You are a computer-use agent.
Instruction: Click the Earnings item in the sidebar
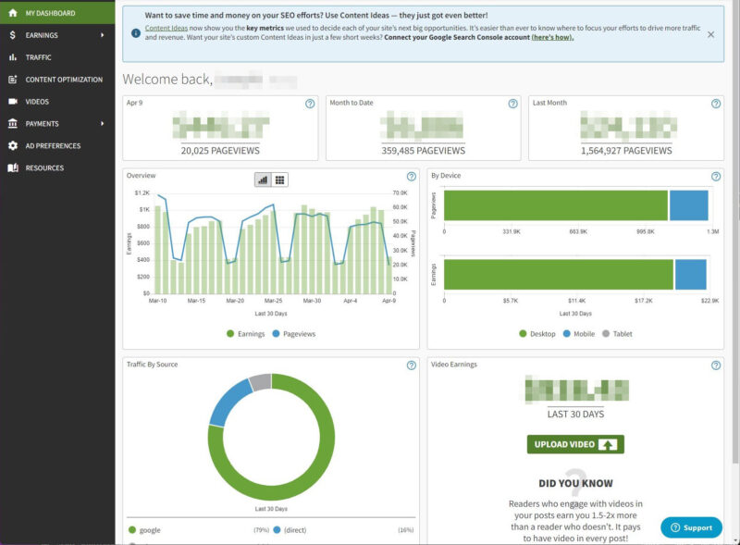42,35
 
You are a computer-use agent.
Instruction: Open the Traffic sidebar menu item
38,57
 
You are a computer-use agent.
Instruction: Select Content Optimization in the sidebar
63,80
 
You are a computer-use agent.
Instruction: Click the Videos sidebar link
37,102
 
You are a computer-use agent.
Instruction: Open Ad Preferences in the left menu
53,146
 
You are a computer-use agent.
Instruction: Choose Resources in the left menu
44,168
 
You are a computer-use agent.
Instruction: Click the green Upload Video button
575,444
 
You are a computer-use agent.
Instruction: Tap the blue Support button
691,527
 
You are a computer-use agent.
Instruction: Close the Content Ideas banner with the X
710,34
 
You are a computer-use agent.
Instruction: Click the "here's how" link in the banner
552,37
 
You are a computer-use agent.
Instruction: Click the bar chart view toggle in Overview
263,180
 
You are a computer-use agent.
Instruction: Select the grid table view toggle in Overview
280,180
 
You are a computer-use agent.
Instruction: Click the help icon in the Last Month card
715,104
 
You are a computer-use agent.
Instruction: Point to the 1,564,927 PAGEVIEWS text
626,150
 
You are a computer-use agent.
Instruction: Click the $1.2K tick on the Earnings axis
142,192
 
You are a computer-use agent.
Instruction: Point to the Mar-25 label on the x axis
274,301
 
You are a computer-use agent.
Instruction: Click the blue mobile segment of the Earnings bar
690,275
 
